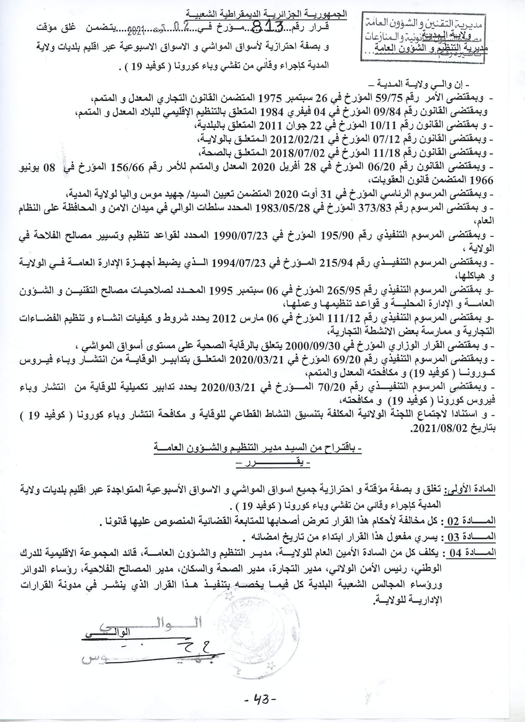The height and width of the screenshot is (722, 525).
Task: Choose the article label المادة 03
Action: pyautogui.click(x=470, y=536)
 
